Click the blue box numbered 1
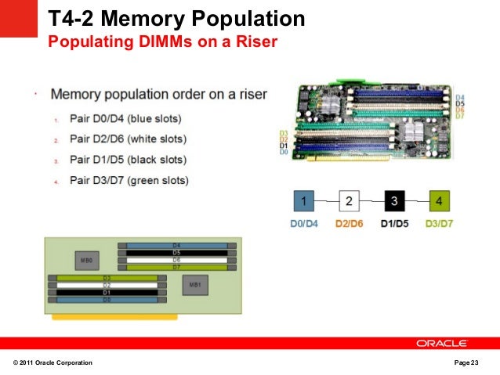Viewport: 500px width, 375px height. (303, 202)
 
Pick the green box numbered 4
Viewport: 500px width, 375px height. (439, 202)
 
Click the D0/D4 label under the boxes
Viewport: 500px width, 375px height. (303, 224)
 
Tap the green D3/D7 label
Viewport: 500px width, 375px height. (439, 224)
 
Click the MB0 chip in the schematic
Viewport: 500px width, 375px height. (86, 259)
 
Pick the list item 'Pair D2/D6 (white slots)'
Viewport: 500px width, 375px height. (128, 139)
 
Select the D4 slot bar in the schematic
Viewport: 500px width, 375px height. (176, 246)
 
